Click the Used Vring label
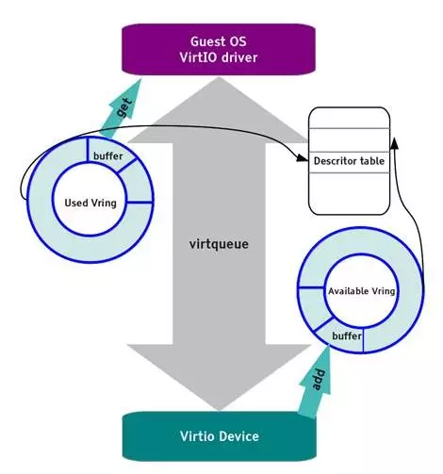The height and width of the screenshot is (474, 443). coord(90,203)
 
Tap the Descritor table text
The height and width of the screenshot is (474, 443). coord(350,160)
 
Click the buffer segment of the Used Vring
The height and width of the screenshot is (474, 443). coord(107,155)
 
